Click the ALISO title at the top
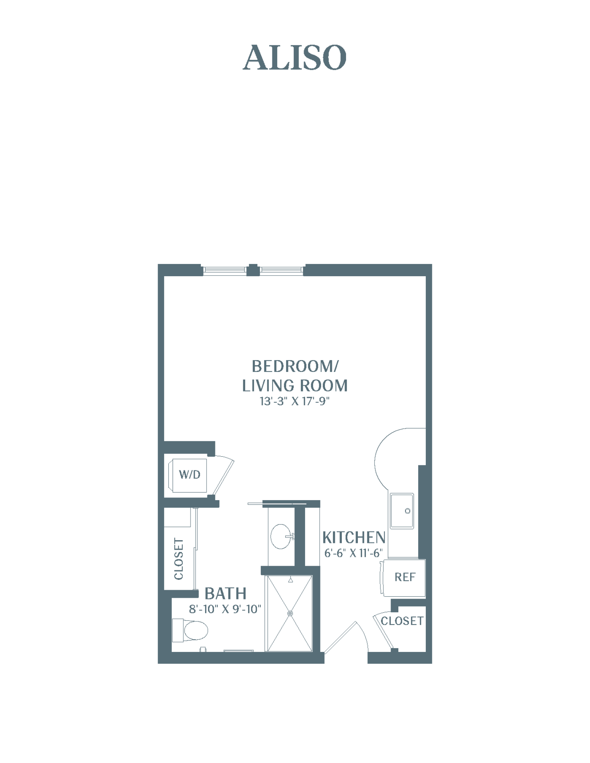point(294,58)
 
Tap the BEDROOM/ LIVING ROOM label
point(295,376)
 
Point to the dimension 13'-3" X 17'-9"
point(295,401)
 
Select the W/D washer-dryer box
point(189,475)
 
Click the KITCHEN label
point(354,538)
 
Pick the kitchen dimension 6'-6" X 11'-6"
point(353,553)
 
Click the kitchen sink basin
point(402,511)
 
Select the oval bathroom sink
point(281,536)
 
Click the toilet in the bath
point(190,630)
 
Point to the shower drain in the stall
point(290,613)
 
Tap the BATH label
point(225,594)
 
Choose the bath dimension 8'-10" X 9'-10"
point(225,609)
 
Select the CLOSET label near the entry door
point(402,621)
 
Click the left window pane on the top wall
point(225,270)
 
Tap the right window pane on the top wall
point(282,270)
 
